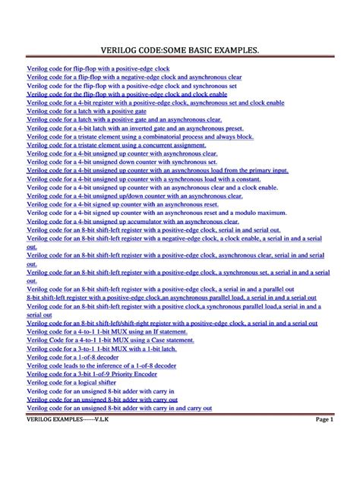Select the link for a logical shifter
73,382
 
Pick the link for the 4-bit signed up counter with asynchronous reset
122,204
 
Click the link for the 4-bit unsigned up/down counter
134,195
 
